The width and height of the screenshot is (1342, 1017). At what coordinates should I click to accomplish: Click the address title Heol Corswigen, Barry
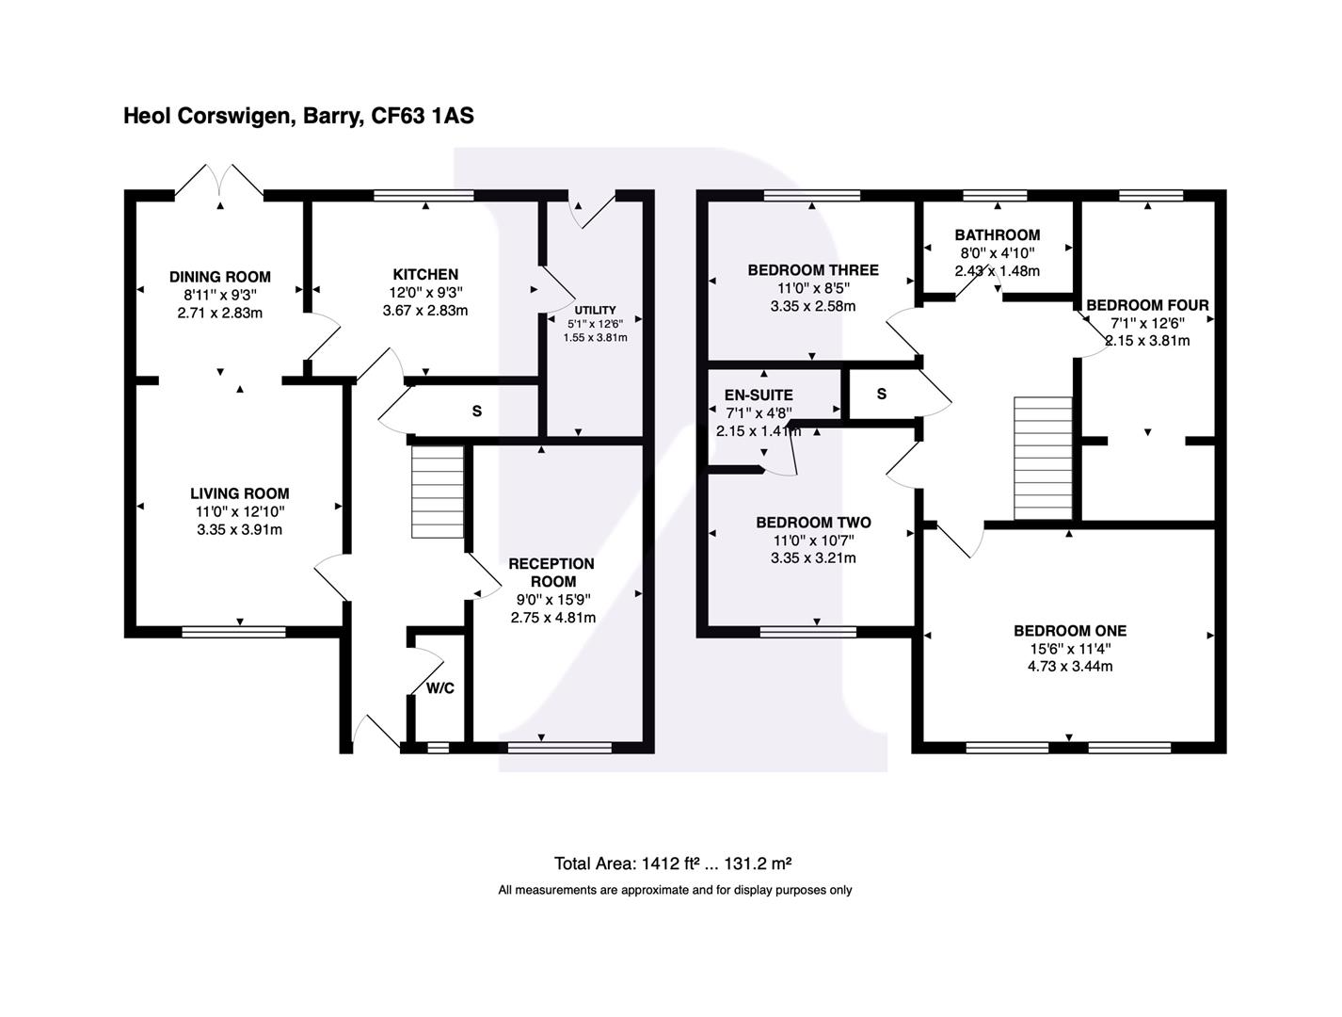pyautogui.click(x=298, y=116)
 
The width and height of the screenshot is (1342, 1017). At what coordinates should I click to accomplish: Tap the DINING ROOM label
pyautogui.click(x=219, y=277)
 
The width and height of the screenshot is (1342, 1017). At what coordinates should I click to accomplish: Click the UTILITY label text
pyautogui.click(x=595, y=310)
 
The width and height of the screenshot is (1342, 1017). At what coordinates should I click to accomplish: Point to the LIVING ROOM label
pyautogui.click(x=239, y=493)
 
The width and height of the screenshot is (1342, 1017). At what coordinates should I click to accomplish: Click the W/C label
pyautogui.click(x=439, y=688)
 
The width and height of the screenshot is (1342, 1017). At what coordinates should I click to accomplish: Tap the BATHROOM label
pyautogui.click(x=997, y=235)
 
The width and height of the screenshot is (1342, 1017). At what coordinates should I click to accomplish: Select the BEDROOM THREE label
pyautogui.click(x=812, y=270)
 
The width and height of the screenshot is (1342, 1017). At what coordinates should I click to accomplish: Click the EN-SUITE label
pyautogui.click(x=759, y=395)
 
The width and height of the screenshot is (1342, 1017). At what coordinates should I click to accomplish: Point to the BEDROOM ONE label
pyautogui.click(x=1069, y=631)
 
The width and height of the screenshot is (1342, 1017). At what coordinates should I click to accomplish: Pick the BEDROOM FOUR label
pyautogui.click(x=1147, y=305)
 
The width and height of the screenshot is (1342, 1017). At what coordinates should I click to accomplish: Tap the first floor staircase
pyautogui.click(x=1042, y=459)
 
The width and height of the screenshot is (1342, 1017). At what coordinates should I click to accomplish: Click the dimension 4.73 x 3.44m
pyautogui.click(x=1069, y=667)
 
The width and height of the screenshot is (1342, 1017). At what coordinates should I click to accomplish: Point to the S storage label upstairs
pyautogui.click(x=881, y=394)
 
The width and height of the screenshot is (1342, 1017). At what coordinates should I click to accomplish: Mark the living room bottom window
pyautogui.click(x=233, y=632)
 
